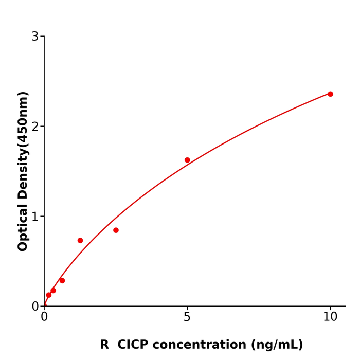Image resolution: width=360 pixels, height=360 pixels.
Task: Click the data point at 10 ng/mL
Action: [x=330, y=94]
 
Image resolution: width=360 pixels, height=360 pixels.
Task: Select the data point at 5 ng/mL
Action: [x=187, y=160]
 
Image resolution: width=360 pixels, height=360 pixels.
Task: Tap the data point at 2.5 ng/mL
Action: [x=116, y=230]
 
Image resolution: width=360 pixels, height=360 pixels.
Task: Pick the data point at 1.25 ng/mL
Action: [x=80, y=240]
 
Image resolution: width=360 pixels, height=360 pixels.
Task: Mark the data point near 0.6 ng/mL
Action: [x=62, y=280]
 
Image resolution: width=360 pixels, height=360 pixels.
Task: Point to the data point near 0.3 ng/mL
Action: [x=53, y=291]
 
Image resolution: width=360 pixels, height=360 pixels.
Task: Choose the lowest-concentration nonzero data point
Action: [x=49, y=295]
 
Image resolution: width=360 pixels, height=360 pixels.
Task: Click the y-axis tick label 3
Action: [x=35, y=37]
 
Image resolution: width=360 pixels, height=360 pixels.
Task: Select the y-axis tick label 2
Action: [x=35, y=127]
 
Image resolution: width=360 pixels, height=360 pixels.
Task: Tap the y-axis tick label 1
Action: [x=35, y=217]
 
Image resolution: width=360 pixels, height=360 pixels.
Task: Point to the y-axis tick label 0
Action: [x=35, y=307]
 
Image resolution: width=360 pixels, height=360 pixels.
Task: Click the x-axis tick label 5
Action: [x=187, y=317]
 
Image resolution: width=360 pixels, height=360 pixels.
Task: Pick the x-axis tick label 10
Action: [x=330, y=317]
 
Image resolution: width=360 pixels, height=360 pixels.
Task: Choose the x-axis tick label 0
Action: [x=44, y=317]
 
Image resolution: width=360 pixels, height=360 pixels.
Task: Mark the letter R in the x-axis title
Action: [x=104, y=345]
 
